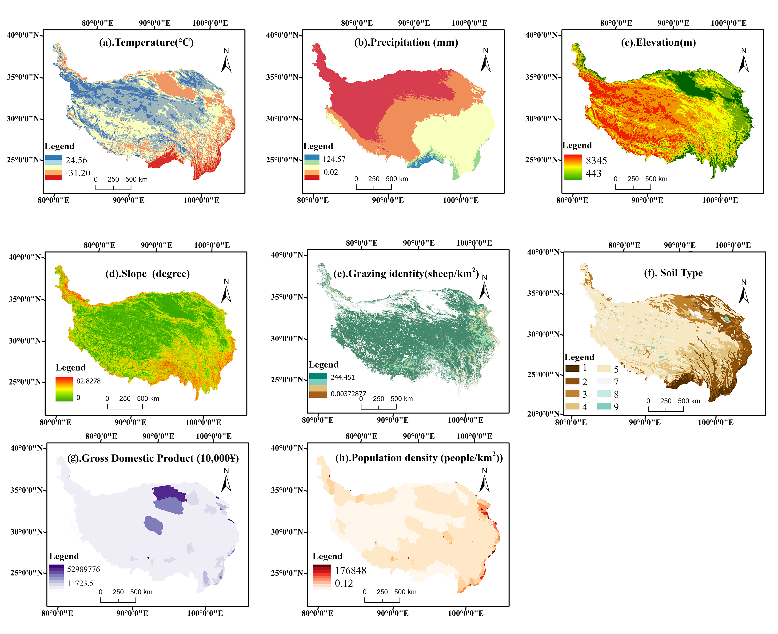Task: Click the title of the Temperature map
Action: pos(146,43)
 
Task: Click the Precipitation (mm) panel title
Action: pos(406,43)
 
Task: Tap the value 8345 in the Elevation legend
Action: pos(596,161)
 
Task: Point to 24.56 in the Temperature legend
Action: pos(76,160)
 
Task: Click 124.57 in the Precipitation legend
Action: pos(334,159)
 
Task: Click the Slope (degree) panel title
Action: pos(148,274)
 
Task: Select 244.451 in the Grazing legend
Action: pos(343,377)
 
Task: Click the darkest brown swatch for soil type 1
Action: pos(572,368)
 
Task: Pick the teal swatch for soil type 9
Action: pos(603,406)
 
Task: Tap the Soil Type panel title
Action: pos(673,273)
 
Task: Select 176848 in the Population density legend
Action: pos(350,570)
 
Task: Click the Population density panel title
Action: pos(419,458)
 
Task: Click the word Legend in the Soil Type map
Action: pos(579,357)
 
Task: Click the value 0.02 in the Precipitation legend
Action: pos(331,172)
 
